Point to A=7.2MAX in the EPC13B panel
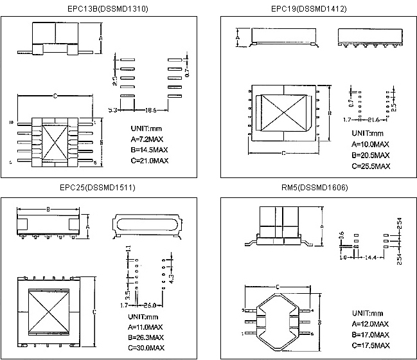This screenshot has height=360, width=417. (x=148, y=139)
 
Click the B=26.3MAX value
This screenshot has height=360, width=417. (x=145, y=337)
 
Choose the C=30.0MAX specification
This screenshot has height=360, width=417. (x=145, y=348)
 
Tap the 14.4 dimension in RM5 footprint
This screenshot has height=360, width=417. (x=370, y=257)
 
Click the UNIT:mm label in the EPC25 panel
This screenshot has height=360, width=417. (x=143, y=317)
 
